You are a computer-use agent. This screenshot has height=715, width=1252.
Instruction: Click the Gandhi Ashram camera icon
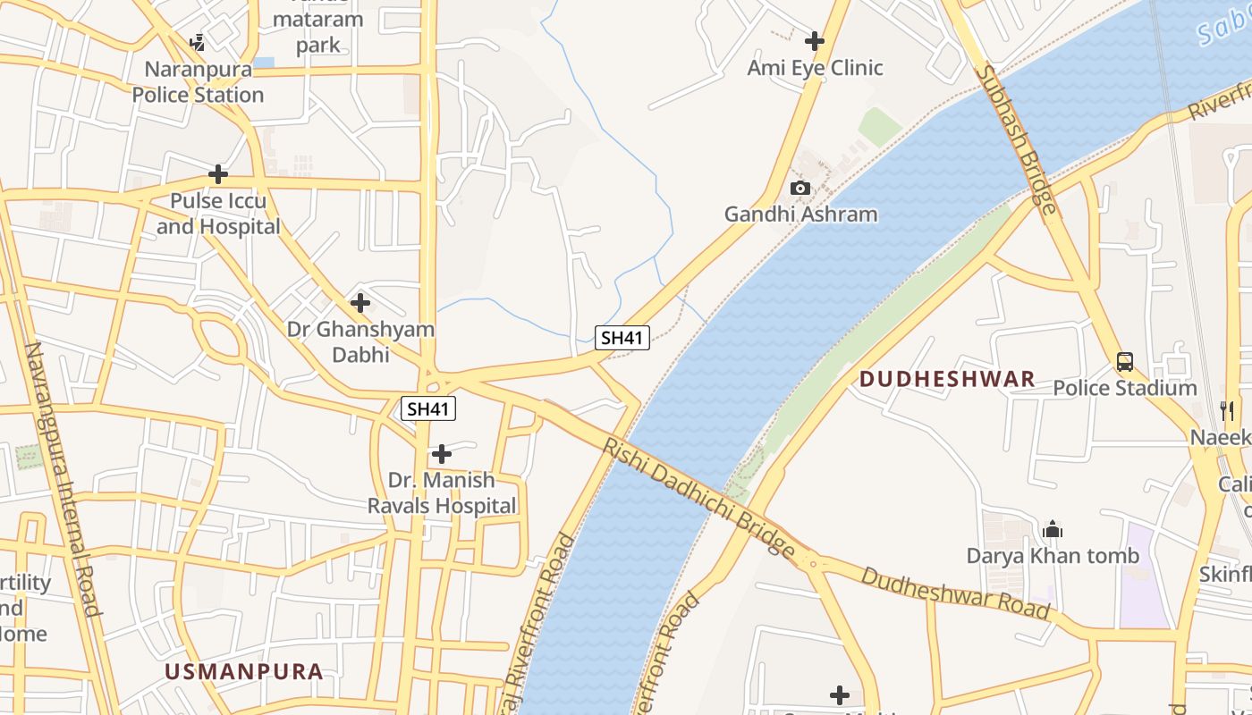coord(800,188)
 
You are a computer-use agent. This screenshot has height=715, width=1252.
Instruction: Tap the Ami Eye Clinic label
coord(815,68)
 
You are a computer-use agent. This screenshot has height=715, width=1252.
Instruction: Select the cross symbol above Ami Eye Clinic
coord(815,40)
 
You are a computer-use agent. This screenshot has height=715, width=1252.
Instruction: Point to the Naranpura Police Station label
coord(198,82)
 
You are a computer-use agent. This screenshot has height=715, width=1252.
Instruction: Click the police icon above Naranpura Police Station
coord(198,42)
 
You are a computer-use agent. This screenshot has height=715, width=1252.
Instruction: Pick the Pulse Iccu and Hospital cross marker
coord(218,174)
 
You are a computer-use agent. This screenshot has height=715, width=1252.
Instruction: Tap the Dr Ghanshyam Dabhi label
coord(360,341)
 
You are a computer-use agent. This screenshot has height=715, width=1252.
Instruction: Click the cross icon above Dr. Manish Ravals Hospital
coord(442,454)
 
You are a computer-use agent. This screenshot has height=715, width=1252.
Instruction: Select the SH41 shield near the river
coord(622,338)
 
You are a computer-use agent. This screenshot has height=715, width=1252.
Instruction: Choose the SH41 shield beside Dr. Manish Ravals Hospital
coord(428,409)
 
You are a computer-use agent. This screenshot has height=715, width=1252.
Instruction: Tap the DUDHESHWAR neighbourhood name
coord(947,379)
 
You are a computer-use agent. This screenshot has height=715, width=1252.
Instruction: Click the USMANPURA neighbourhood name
coord(243,672)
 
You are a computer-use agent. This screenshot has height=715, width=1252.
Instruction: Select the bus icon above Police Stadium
coord(1125,362)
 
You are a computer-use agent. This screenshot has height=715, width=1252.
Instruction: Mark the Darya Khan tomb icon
coord(1053,529)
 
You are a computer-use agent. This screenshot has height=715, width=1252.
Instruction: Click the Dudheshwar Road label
coord(954,593)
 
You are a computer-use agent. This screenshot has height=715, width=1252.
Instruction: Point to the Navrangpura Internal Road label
coord(62,479)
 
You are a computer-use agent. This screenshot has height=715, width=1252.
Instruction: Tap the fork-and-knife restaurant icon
coord(1227,410)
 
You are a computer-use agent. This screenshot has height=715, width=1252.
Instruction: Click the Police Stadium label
coord(1124,388)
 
